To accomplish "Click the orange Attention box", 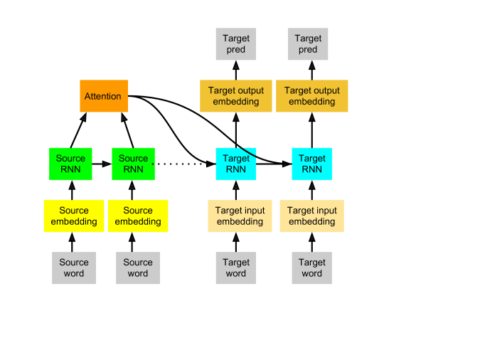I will tap(103, 96).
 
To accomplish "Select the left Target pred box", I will tap(235, 44).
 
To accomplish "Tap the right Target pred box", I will tap(308, 44).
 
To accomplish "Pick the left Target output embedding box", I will tap(235, 96).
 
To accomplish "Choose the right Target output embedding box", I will tap(311, 96).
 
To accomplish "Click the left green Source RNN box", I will tap(70, 164).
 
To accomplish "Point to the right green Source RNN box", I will tap(133, 164).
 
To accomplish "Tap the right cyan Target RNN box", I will tap(311, 164).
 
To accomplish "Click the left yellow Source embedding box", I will tap(74, 216).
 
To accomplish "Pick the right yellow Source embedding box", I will tap(137, 216).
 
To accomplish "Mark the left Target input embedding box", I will tap(240, 216).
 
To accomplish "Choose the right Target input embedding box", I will tap(311, 216).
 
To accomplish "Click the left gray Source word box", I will tap(73, 268).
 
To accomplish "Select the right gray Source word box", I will tap(137, 268).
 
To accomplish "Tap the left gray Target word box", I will tap(235, 268).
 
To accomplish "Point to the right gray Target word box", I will tap(311, 268).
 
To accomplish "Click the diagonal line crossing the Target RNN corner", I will tap(247, 149).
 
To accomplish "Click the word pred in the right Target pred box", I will tap(308, 50).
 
